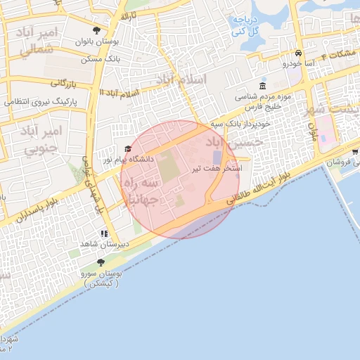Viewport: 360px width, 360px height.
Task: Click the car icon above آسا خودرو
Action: pos(299,53)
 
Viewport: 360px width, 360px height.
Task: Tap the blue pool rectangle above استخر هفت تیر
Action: pos(217,156)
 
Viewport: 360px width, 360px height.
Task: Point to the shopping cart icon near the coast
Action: pos(355,151)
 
